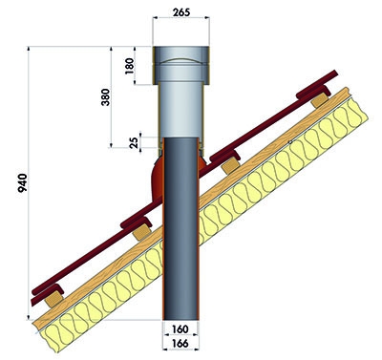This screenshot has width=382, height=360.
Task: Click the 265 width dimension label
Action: [x=181, y=12]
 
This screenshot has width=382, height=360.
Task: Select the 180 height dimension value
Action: [x=130, y=66]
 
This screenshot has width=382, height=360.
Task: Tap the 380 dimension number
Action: [x=105, y=97]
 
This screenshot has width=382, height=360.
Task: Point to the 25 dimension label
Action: [x=135, y=142]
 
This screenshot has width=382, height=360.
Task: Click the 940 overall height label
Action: [x=23, y=182]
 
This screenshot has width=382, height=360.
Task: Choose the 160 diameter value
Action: [x=180, y=328]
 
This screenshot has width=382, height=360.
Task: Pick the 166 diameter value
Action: [x=180, y=344]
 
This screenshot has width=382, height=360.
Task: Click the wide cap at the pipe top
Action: [x=180, y=65]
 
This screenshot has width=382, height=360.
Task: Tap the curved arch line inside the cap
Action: [x=180, y=59]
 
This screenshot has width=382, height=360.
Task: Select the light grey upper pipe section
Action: [x=180, y=110]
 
